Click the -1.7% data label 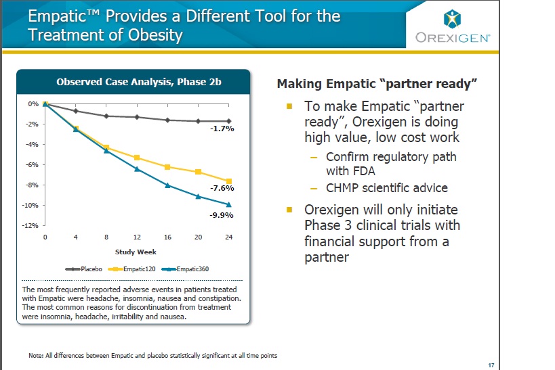(222, 129)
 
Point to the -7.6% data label (222, 188)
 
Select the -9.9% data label (222, 215)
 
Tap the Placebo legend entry (85, 269)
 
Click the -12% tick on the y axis (32, 225)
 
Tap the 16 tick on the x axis (168, 237)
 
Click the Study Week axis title (136, 252)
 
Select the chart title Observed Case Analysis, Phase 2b (138, 83)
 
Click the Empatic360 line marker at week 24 (229, 204)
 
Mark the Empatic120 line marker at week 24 (229, 181)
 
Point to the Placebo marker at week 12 (137, 117)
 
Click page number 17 (491, 365)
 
